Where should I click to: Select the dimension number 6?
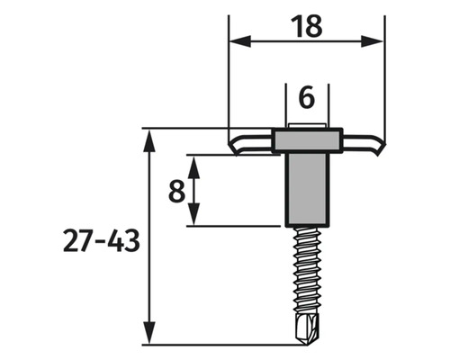[x=306, y=95]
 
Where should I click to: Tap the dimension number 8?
[x=177, y=191]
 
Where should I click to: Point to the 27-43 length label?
[x=102, y=241]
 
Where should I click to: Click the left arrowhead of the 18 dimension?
[x=236, y=40]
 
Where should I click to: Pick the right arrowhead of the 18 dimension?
[x=378, y=40]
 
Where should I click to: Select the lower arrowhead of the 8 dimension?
[x=191, y=220]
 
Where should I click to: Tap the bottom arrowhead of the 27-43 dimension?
[x=148, y=338]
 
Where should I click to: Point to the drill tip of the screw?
[x=306, y=330]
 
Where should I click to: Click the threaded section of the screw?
[x=306, y=270]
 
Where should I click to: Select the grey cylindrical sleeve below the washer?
[x=306, y=189]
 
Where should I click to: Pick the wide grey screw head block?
[x=306, y=139]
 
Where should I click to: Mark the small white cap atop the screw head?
[x=306, y=127]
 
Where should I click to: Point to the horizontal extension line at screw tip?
[x=225, y=345]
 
